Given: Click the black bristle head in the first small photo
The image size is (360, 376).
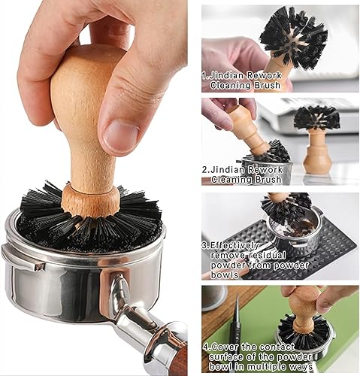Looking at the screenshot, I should coord(293,35).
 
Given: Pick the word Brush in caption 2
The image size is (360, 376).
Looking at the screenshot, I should coord(268,179).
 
